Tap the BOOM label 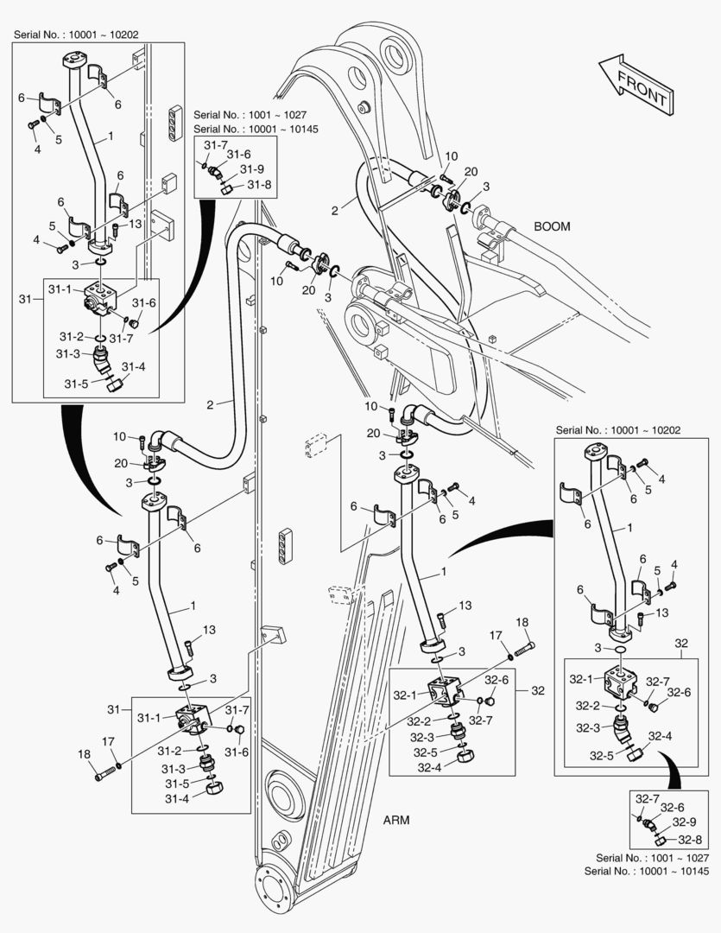(552, 227)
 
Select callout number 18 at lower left (85, 754)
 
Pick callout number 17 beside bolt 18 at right (496, 635)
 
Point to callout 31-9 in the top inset (252, 169)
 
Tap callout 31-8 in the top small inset (259, 184)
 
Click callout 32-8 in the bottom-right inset (688, 839)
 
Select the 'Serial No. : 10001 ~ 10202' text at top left (76, 35)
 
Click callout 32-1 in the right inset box (585, 680)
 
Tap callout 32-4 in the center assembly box (429, 767)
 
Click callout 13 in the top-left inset (135, 225)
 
